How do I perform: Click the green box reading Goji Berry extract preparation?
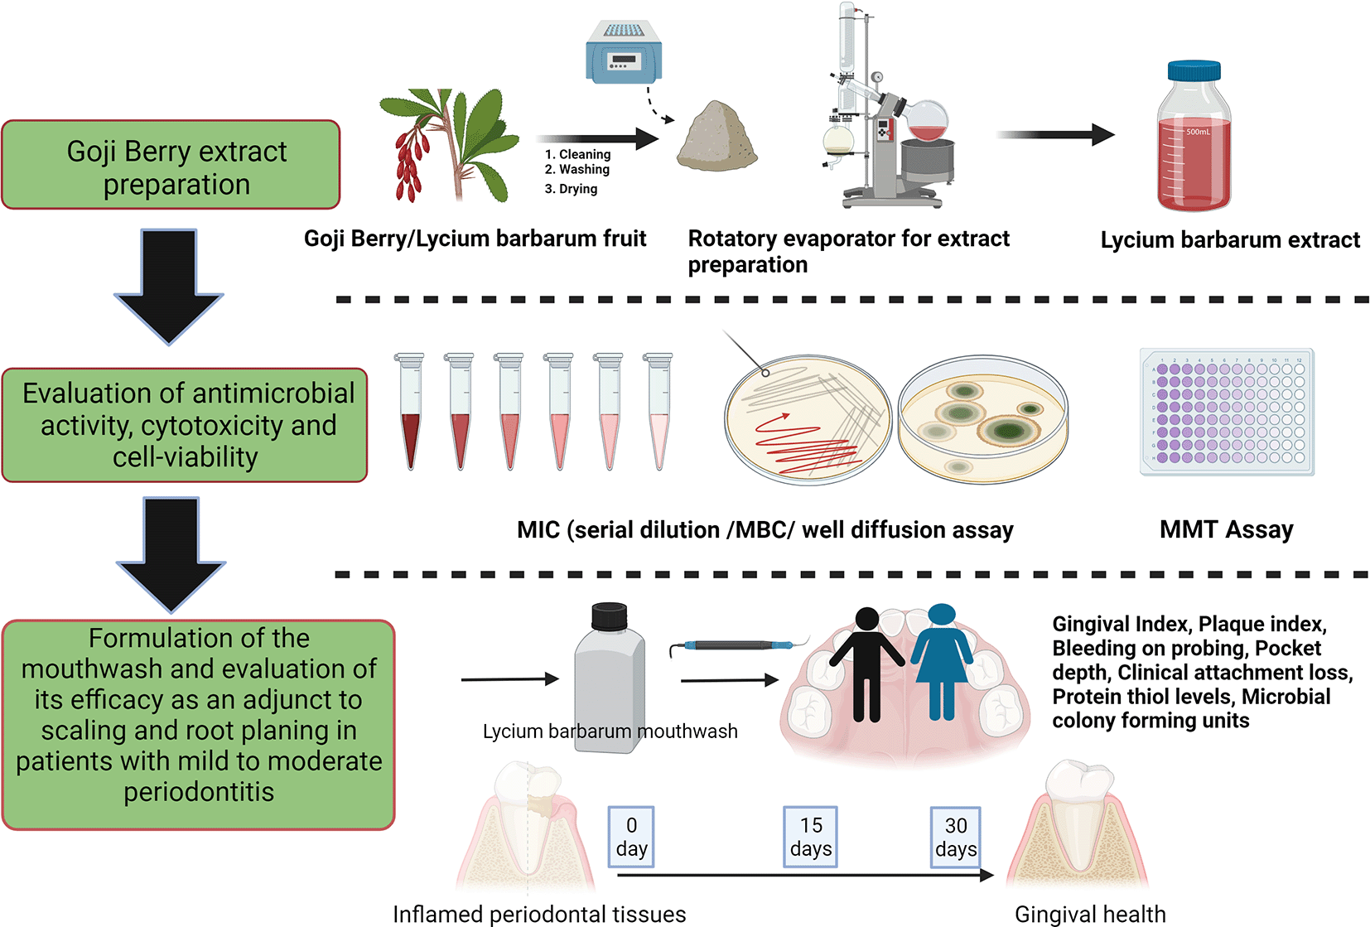(x=171, y=166)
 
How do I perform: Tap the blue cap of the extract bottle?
(x=1194, y=70)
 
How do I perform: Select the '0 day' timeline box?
(x=631, y=837)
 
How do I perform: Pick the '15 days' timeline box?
(x=810, y=837)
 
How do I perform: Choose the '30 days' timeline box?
(x=955, y=837)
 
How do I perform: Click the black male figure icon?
(x=866, y=663)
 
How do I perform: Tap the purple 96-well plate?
(x=1227, y=412)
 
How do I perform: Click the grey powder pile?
(x=716, y=137)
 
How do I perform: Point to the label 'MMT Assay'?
(x=1226, y=529)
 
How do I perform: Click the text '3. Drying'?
(x=571, y=189)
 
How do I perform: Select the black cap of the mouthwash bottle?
(x=609, y=617)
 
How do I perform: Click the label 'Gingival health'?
(x=1090, y=914)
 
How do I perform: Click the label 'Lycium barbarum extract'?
(x=1230, y=240)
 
